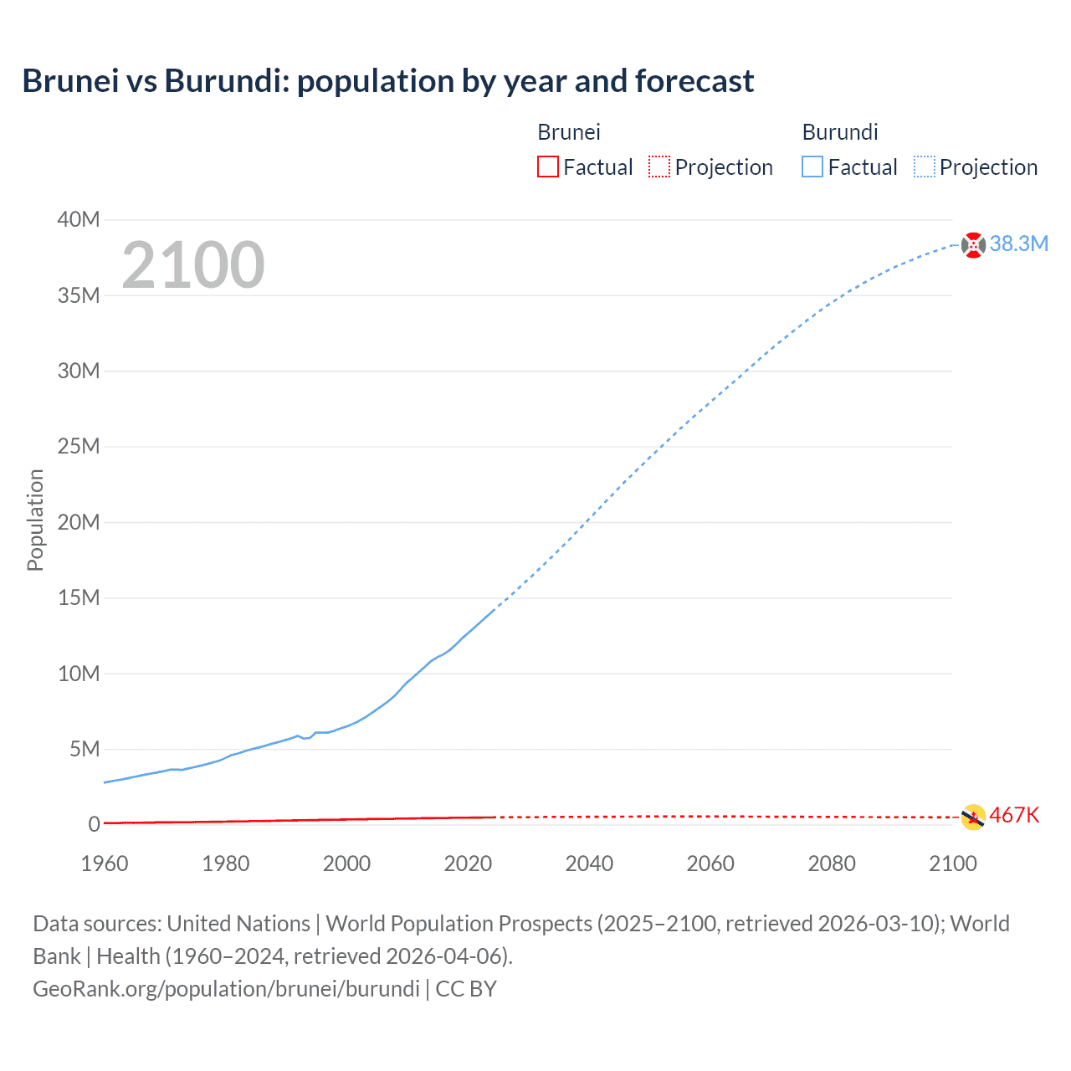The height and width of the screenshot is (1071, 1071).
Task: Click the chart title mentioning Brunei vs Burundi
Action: tap(388, 81)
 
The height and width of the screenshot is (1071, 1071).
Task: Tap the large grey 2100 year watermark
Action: tap(193, 265)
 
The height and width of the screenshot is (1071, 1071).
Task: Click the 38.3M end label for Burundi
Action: tap(1018, 243)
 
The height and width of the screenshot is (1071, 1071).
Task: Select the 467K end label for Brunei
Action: tap(1014, 815)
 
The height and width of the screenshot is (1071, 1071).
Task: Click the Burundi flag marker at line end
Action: tap(973, 245)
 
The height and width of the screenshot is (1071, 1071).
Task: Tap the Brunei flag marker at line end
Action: tap(973, 817)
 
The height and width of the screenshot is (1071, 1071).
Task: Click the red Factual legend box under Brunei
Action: tap(548, 167)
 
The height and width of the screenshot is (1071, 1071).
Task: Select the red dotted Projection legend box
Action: tap(659, 167)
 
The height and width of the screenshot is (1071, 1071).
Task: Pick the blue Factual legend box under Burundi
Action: tap(812, 167)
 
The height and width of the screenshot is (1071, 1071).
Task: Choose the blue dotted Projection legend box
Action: tap(925, 167)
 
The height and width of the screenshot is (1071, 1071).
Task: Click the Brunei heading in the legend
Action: tap(569, 132)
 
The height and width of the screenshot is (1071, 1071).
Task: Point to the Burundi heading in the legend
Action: tap(840, 132)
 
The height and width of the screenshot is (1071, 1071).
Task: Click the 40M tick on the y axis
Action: tap(79, 219)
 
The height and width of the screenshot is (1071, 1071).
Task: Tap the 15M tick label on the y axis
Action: tap(79, 597)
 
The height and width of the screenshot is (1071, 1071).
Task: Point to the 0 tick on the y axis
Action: tap(94, 824)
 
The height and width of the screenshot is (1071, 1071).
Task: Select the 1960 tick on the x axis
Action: tap(105, 863)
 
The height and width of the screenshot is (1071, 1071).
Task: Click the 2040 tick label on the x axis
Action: tap(589, 863)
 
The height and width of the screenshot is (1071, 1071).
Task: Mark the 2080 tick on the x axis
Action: tap(832, 863)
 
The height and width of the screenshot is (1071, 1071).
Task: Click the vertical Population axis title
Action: tap(35, 520)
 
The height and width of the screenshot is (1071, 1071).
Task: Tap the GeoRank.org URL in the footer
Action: tap(226, 989)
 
